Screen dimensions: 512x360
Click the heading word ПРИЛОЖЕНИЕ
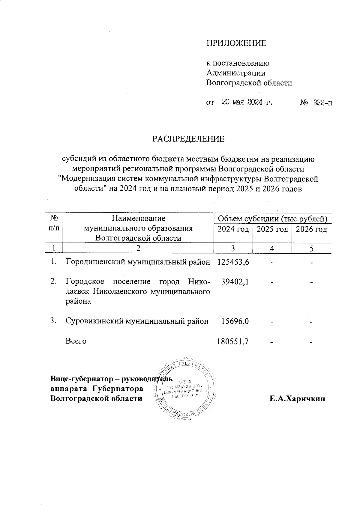tap(236, 43)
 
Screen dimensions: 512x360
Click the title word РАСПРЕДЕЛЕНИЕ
tap(188, 139)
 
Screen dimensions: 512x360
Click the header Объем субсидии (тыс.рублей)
tap(272, 219)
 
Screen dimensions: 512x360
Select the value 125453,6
tap(233, 262)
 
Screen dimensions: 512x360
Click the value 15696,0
tap(235, 321)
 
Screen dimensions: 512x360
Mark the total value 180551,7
tap(233, 341)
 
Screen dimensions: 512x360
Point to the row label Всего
tap(76, 341)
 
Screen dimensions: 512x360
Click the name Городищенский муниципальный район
tap(138, 262)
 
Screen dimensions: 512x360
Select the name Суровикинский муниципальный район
tap(137, 321)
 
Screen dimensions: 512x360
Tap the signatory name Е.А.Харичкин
tap(297, 398)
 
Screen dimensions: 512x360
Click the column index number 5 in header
tap(312, 249)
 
